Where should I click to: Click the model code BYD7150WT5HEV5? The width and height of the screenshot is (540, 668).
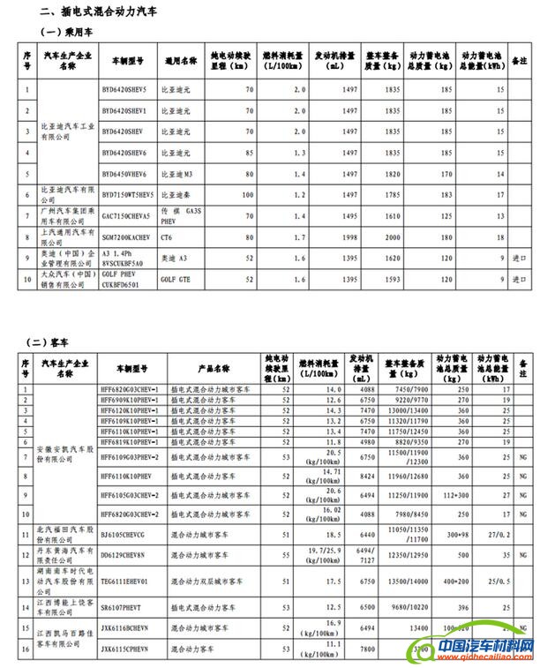pos(129,195)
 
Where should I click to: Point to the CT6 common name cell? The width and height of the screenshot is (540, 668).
pos(167,237)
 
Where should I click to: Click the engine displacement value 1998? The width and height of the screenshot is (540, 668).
pos(350,237)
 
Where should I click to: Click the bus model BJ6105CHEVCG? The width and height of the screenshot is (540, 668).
pos(124,534)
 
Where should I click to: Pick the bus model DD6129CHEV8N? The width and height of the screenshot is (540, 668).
pos(124,555)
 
